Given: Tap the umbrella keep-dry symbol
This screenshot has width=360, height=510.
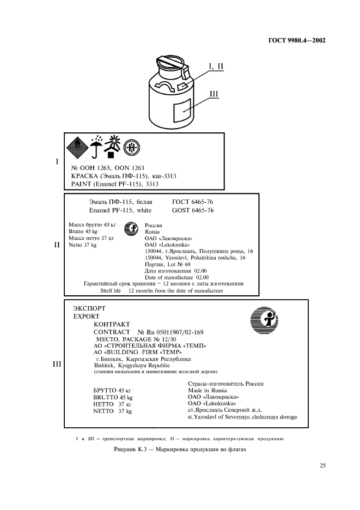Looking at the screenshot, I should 97,146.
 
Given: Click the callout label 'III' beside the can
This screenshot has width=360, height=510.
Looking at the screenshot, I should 213,94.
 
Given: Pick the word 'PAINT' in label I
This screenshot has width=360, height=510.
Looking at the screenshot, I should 83,184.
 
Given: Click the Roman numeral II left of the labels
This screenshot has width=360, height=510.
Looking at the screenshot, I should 56,245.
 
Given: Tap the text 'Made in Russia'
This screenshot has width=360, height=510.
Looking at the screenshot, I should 204,391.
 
